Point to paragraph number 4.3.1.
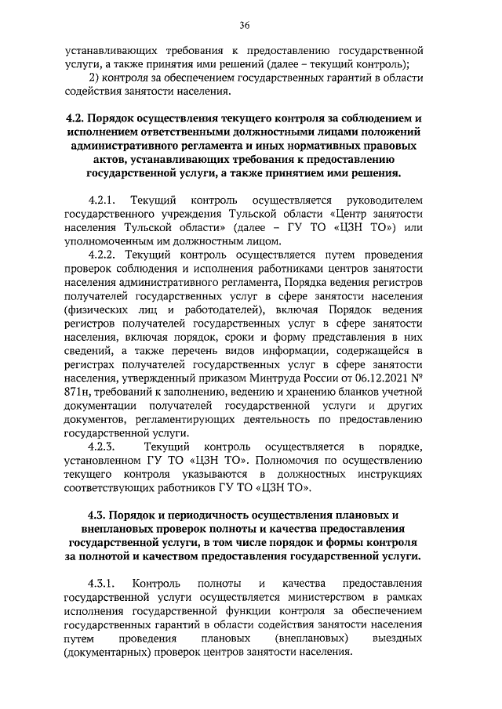coord(102,584)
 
